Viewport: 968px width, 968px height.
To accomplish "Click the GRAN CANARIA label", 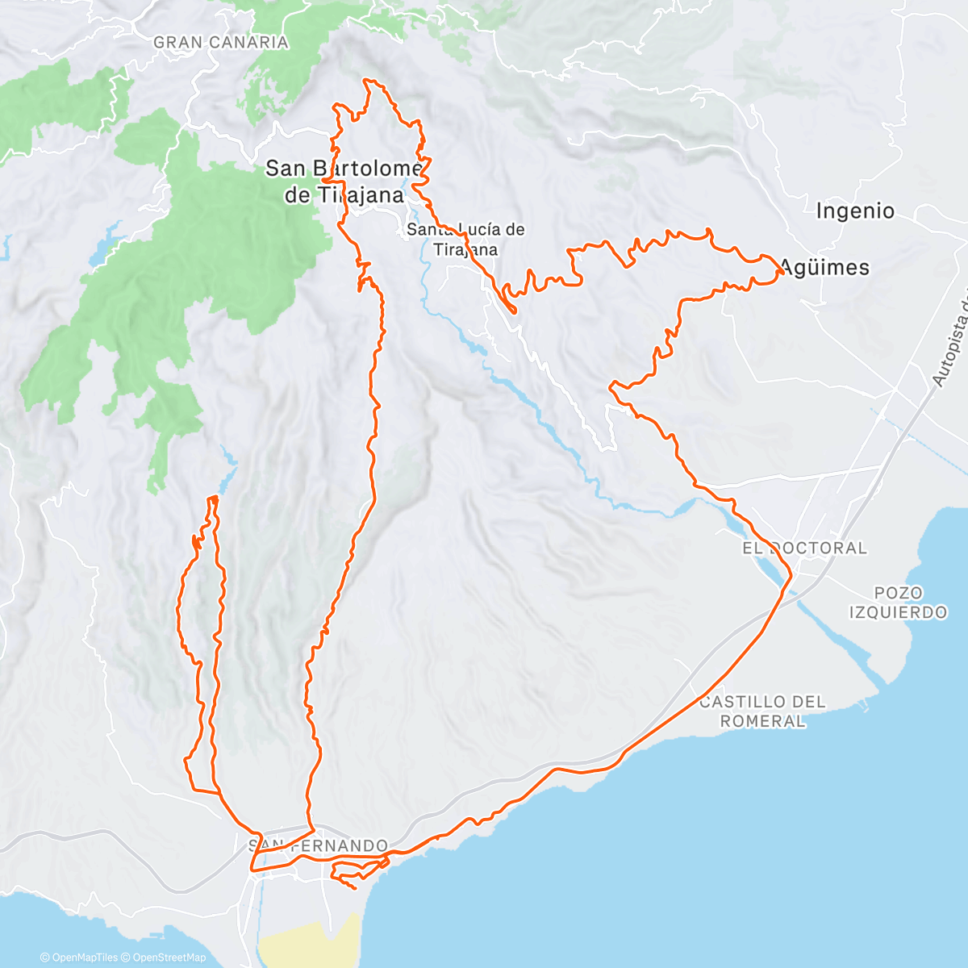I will (x=220, y=42).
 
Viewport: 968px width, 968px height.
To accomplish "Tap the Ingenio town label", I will (x=855, y=211).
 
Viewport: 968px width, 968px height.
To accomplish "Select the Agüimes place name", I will (x=824, y=268).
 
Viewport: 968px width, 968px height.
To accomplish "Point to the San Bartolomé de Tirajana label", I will (x=344, y=181).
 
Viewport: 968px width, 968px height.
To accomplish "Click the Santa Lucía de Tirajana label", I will (x=465, y=239).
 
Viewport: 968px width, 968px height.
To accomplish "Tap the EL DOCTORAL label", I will (x=804, y=548).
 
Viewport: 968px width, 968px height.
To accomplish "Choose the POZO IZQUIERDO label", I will (x=898, y=603).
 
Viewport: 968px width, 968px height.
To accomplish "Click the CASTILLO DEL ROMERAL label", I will (x=762, y=711).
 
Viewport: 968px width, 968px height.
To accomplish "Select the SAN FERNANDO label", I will (x=318, y=846).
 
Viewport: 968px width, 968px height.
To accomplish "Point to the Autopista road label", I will (x=950, y=339).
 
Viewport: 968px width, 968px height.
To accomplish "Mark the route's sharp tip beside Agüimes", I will (x=783, y=273).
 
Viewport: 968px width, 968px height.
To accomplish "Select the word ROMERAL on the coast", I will (x=762, y=721).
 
